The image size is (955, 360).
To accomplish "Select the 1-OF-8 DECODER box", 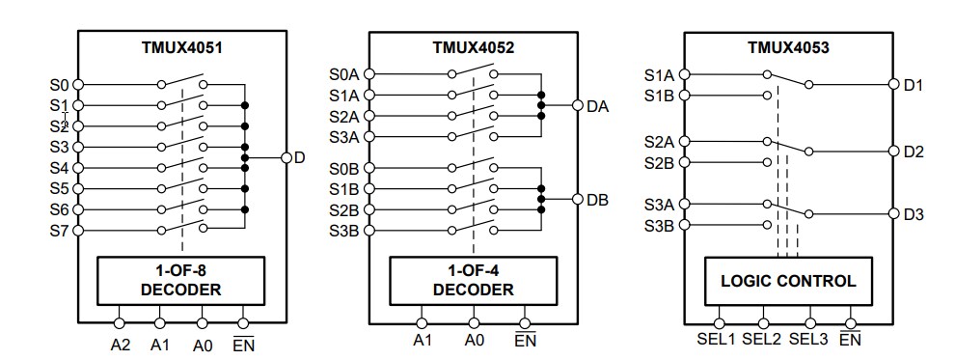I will coord(181,280).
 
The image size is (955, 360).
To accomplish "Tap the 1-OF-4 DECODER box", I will coord(473,280).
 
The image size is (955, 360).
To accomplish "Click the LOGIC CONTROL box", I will coord(787,282).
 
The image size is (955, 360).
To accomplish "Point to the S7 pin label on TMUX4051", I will coord(60,231).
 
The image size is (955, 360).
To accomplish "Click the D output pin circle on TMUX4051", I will coord(286,157).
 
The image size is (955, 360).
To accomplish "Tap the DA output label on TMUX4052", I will coord(597,106).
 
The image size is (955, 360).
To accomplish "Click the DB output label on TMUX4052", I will coord(597,200).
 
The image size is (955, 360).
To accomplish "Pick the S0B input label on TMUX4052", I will coord(344,168).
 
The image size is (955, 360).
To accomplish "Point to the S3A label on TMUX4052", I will coord(344,137).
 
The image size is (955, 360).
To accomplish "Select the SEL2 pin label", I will coord(762,340).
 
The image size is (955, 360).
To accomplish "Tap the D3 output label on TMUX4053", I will coord(914,214).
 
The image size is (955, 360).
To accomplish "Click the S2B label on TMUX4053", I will coord(659,161).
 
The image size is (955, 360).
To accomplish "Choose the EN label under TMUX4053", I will coord(850,340).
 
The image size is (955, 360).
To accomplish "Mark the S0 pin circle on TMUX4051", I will coord(78,85).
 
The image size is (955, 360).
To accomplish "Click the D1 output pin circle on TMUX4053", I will coord(893,85).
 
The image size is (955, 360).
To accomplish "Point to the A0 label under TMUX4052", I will coord(474,340).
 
